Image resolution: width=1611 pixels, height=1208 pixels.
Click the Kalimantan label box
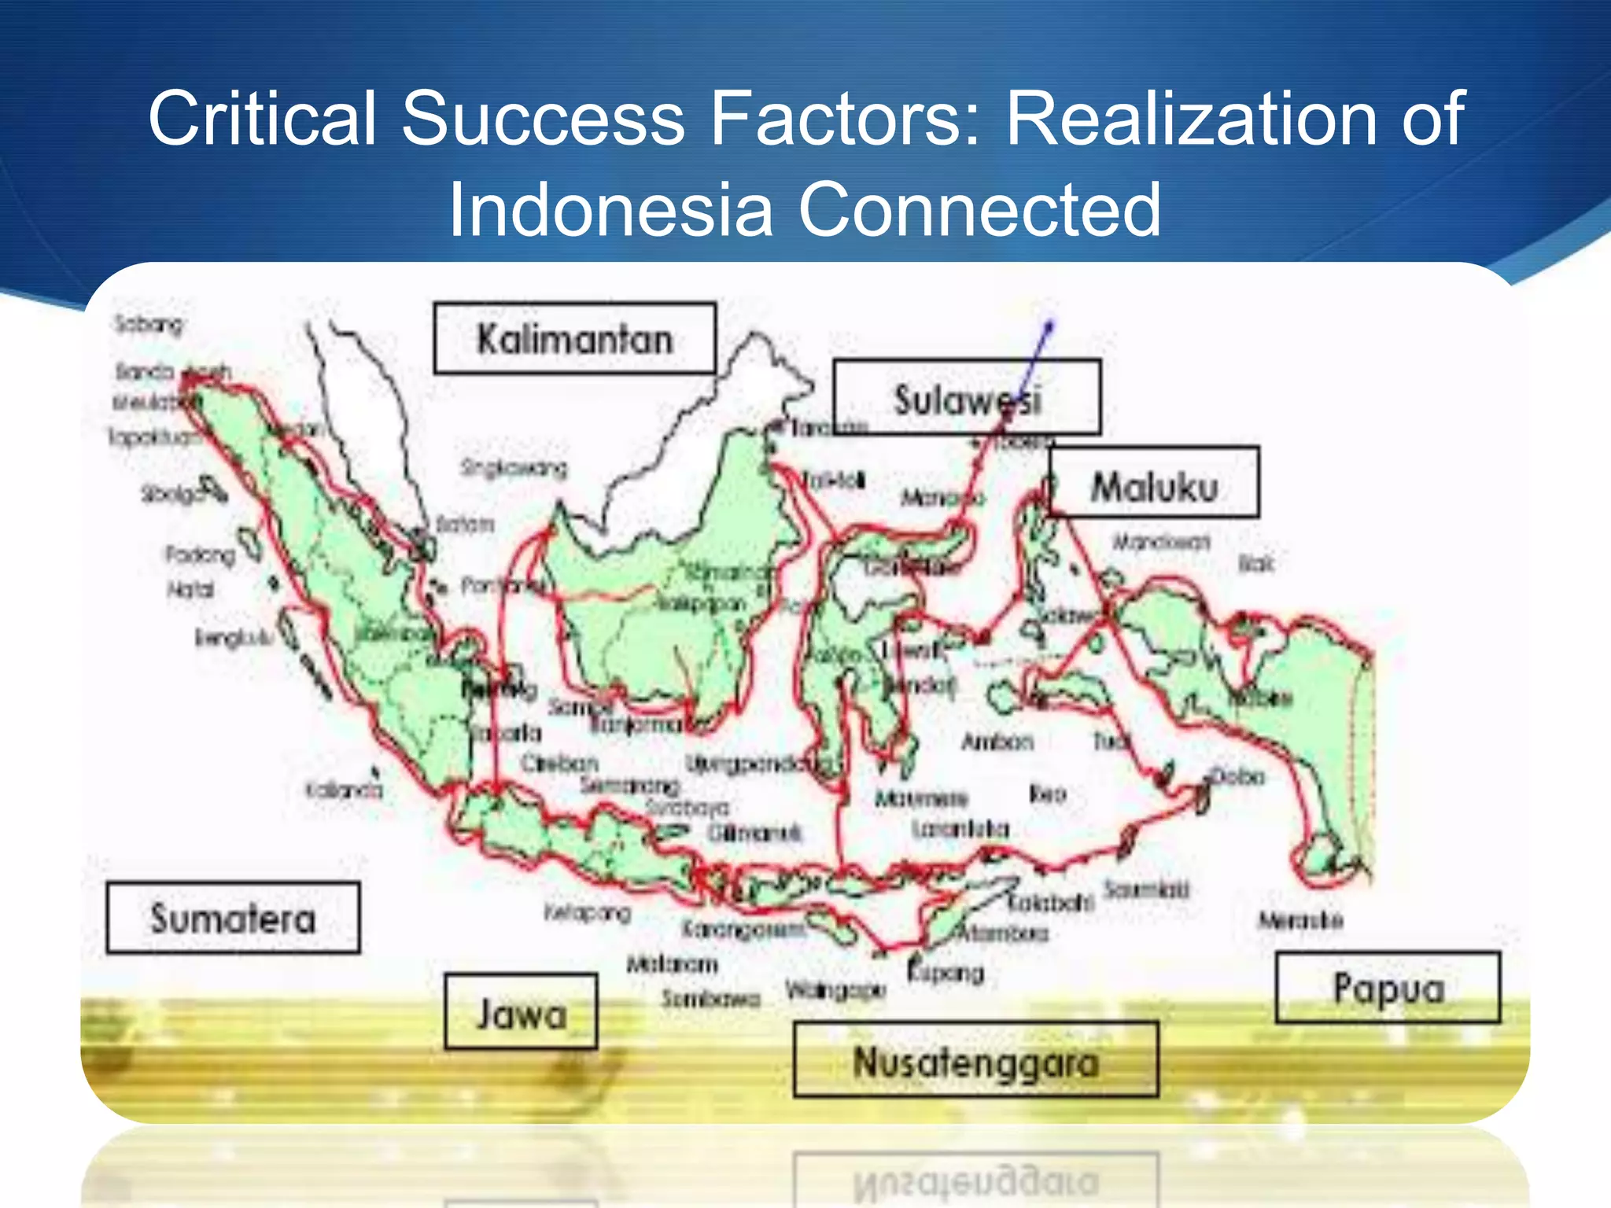coord(575,338)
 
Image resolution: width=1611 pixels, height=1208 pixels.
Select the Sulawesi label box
coord(967,398)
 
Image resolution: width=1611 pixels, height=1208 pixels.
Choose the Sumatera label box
coord(233,918)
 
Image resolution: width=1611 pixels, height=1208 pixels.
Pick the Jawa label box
coord(521,1012)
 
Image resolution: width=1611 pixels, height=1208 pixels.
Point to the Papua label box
coord(1388,988)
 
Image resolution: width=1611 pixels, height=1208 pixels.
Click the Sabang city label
coord(149,323)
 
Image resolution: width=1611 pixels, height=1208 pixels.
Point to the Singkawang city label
coord(514,469)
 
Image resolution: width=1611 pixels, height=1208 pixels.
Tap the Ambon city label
coord(997,742)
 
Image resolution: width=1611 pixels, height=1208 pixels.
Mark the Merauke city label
coord(1300,920)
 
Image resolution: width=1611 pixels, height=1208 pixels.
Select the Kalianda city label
coord(345,789)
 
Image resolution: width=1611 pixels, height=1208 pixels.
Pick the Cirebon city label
coord(559,763)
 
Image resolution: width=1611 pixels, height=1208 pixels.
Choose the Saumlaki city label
coord(1146,889)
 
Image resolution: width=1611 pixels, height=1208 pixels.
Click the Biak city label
coord(1255,563)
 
